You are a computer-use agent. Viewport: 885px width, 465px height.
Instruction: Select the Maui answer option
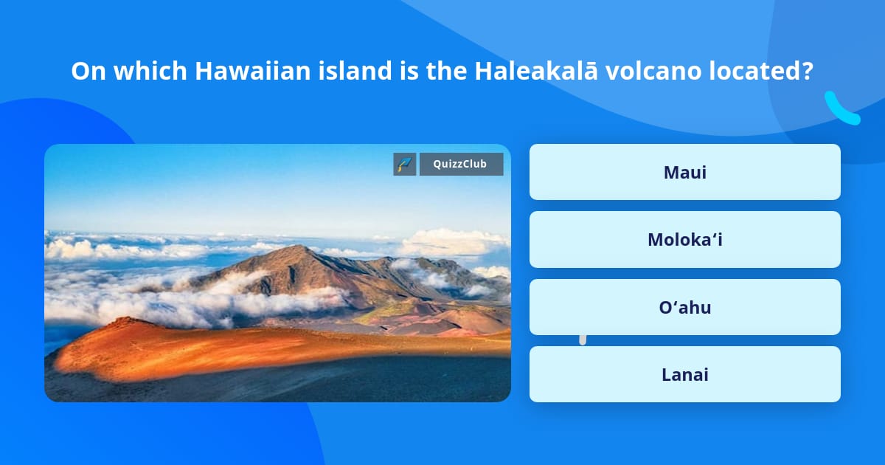point(684,172)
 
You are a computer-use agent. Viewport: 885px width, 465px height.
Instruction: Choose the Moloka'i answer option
point(684,240)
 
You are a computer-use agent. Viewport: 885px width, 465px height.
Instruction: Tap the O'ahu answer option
point(684,307)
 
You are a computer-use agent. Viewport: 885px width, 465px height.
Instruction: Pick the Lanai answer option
point(684,374)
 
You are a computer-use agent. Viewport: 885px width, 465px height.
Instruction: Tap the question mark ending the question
point(808,71)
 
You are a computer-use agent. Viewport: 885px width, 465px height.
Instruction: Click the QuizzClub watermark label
point(461,164)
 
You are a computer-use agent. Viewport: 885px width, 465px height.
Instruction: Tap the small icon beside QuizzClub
point(404,164)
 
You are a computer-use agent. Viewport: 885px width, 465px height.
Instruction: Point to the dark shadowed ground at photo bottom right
point(442,380)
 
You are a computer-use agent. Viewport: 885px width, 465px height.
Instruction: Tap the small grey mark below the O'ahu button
point(583,339)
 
